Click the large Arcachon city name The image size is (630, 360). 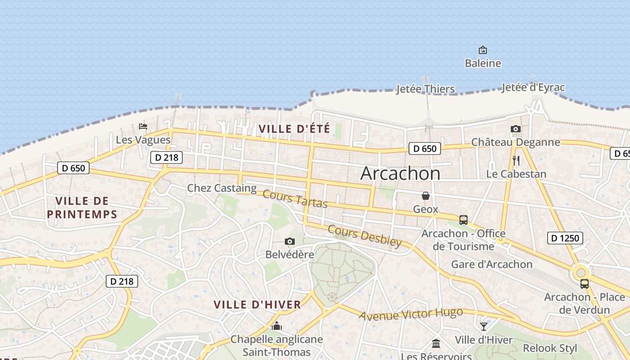pyautogui.click(x=400, y=174)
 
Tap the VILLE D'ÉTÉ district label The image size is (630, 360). pyautogui.click(x=294, y=129)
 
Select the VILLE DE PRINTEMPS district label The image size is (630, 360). pyautogui.click(x=82, y=207)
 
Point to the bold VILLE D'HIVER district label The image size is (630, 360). pyautogui.click(x=257, y=305)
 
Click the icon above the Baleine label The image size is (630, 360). pyautogui.click(x=483, y=50)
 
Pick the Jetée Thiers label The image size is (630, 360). pyautogui.click(x=425, y=89)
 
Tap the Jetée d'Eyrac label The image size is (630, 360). pyautogui.click(x=533, y=87)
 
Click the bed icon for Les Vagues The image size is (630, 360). pyautogui.click(x=143, y=126)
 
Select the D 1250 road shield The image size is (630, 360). pyautogui.click(x=565, y=238)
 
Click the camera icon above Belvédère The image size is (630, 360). pyautogui.click(x=290, y=242)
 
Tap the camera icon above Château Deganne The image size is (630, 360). pyautogui.click(x=516, y=129)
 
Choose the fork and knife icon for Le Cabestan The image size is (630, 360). pyautogui.click(x=516, y=160)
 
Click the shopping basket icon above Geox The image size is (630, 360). pyautogui.click(x=425, y=196)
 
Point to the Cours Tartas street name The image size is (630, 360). pyautogui.click(x=295, y=199)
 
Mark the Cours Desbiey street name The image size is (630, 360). pyautogui.click(x=364, y=236)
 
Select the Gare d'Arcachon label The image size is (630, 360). pyautogui.click(x=492, y=264)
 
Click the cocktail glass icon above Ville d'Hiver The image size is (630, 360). pyautogui.click(x=483, y=327)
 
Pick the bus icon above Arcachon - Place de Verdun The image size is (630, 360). pyautogui.click(x=585, y=284)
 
